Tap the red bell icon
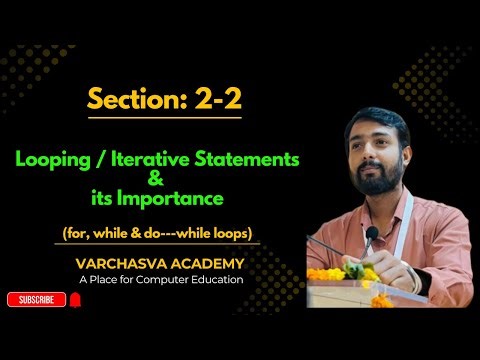pyautogui.click(x=74, y=299)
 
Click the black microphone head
pyautogui.click(x=371, y=234)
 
